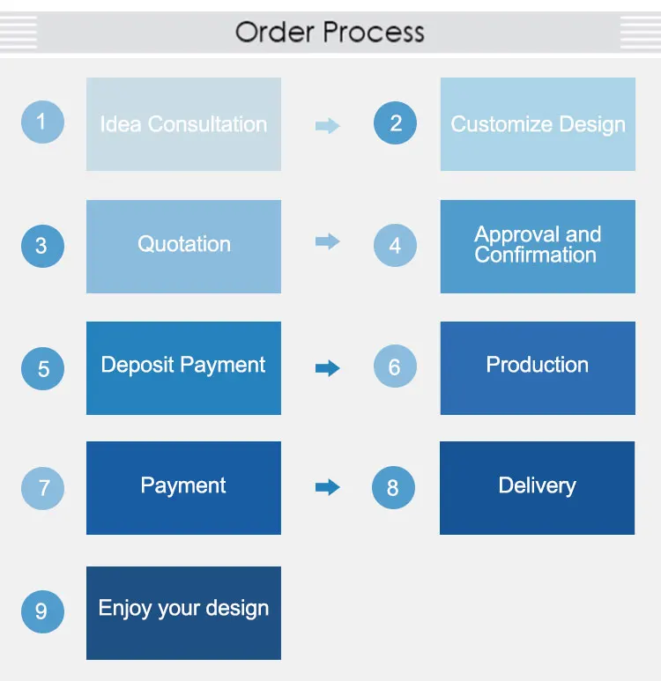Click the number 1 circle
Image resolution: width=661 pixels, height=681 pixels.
(42, 122)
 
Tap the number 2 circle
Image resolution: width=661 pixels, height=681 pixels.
(395, 123)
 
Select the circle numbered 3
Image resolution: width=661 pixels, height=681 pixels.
(42, 245)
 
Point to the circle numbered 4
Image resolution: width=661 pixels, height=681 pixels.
(395, 245)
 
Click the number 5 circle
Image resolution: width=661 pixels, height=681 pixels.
(42, 367)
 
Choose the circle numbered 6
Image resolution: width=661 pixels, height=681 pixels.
(395, 366)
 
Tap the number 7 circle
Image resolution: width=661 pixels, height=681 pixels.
(42, 487)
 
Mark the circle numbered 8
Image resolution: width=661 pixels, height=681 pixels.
(393, 487)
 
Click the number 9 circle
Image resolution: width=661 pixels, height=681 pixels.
(42, 611)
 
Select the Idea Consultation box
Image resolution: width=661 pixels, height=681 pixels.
(183, 124)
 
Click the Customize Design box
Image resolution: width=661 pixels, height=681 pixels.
(538, 124)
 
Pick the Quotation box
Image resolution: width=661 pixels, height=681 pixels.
(183, 246)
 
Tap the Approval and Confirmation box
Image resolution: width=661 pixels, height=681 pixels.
(538, 246)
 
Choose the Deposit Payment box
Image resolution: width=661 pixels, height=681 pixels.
(183, 367)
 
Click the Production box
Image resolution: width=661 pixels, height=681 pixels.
(538, 367)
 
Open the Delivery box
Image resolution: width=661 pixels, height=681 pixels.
(537, 487)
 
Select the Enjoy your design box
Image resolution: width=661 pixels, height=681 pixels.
(183, 612)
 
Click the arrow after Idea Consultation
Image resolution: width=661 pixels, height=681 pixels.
(327, 126)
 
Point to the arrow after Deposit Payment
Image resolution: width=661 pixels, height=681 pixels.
(327, 368)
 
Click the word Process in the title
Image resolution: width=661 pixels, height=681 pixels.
(374, 33)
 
